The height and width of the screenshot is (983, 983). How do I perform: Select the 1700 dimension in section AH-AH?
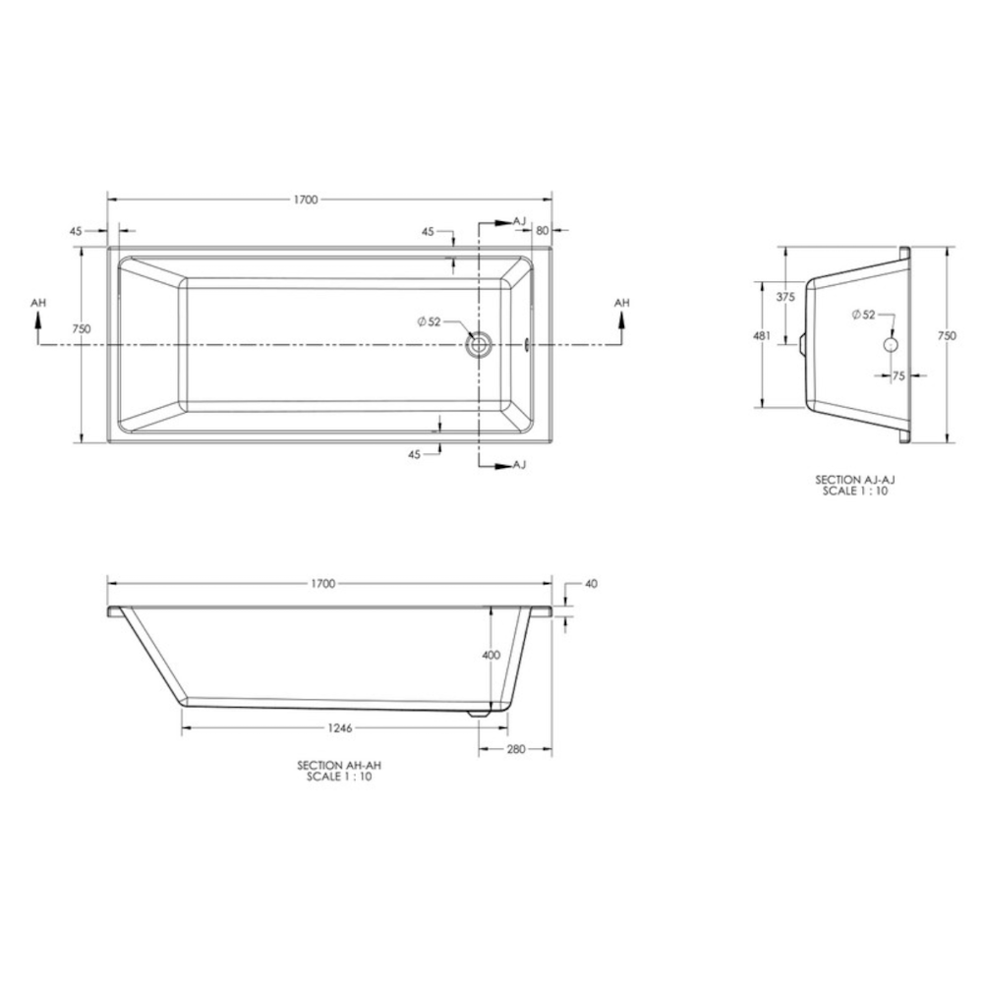coord(323,583)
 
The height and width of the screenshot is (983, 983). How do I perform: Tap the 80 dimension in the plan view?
coord(541,232)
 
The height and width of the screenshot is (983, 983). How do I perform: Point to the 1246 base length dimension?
coord(337,727)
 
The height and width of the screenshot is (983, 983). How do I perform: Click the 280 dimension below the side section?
coord(516,749)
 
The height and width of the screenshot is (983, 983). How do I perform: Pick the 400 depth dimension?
coord(491,655)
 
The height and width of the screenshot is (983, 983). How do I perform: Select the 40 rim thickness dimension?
coord(590,583)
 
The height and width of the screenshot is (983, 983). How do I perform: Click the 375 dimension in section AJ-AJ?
coord(784,297)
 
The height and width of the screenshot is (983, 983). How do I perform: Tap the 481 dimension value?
coord(761,336)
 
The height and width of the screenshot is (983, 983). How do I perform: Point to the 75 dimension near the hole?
coord(897,376)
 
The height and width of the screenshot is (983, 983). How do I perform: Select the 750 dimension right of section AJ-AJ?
coord(946,336)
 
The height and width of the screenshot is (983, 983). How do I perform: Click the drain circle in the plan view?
coord(479,344)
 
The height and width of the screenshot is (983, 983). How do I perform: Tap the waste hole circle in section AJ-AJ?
coord(891,345)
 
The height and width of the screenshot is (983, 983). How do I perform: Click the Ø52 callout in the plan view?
coord(429,321)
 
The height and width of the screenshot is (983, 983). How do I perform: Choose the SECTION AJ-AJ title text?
coord(855,486)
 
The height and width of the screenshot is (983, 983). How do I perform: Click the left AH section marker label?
coord(38,303)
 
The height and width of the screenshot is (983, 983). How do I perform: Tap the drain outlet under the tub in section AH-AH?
coord(478,715)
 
